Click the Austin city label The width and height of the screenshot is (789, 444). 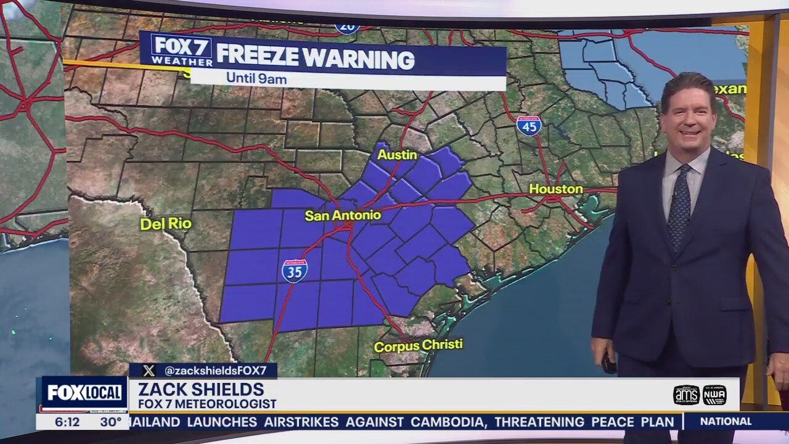[398, 155]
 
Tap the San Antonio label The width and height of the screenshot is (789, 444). [343, 215]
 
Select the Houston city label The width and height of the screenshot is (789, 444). [556, 189]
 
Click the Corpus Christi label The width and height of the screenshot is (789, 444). [418, 346]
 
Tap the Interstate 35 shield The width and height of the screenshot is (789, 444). [295, 271]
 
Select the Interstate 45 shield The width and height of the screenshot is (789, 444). [529, 126]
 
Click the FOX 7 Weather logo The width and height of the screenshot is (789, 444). [181, 51]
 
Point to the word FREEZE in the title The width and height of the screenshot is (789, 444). [257, 59]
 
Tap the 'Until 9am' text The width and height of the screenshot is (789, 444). [256, 78]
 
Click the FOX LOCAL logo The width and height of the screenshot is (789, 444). [84, 393]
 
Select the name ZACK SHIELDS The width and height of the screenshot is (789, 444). [201, 390]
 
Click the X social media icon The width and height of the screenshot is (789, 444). [149, 371]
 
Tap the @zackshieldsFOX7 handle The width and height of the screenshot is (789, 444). [215, 371]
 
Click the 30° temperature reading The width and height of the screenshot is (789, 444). [110, 422]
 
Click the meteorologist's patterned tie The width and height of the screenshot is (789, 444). [680, 207]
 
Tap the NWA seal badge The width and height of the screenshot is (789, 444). [714, 395]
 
